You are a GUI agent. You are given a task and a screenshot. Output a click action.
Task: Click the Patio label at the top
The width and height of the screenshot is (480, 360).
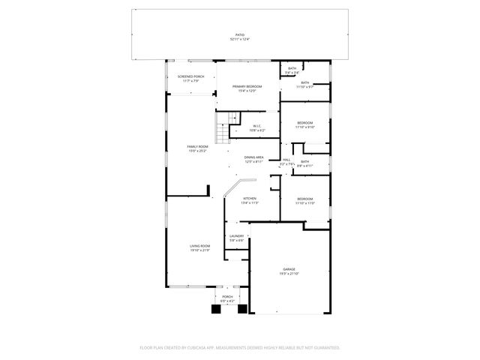click(240, 36)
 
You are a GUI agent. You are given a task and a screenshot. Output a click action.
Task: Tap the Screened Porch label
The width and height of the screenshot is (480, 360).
click(190, 78)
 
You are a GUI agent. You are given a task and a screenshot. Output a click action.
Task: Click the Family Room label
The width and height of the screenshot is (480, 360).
click(197, 148)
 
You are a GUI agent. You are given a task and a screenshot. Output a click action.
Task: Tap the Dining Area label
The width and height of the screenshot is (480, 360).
click(253, 159)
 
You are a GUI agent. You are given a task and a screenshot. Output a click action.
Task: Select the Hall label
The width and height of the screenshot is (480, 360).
click(286, 160)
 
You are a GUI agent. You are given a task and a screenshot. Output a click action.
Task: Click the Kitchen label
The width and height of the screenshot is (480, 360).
click(249, 200)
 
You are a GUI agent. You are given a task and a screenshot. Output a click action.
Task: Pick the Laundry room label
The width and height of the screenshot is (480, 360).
click(237, 238)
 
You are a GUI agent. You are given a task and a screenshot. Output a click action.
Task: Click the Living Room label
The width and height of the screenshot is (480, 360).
click(199, 247)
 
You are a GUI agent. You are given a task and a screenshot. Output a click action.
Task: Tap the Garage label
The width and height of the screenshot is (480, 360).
click(289, 271)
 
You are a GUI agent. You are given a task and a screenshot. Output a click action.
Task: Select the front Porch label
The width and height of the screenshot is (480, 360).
click(227, 298)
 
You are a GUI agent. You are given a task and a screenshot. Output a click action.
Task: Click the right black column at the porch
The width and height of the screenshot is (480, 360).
click(241, 308)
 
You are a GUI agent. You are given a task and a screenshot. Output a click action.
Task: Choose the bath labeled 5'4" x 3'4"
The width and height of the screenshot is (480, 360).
click(292, 70)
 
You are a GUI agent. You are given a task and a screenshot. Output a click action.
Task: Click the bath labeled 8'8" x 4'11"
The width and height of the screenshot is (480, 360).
click(304, 163)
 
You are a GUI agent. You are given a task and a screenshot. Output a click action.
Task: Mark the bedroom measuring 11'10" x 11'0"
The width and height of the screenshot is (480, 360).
click(304, 201)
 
